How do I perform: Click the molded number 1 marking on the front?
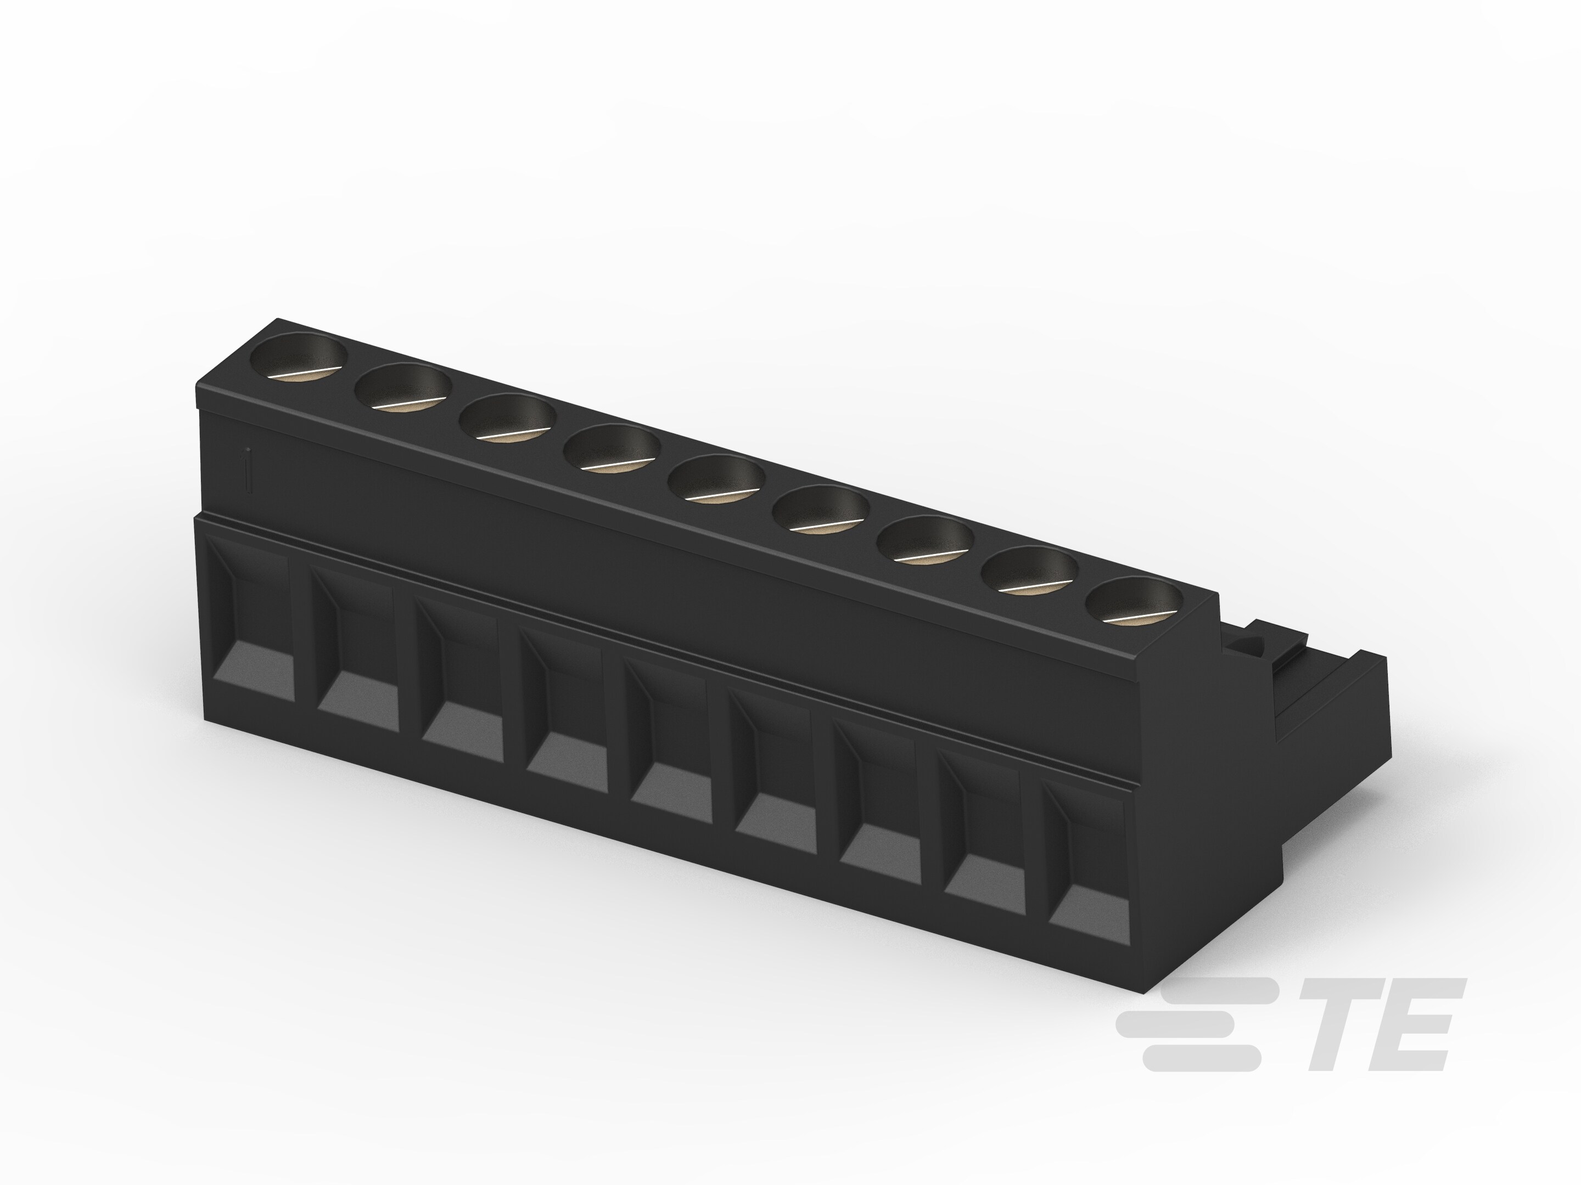246,470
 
